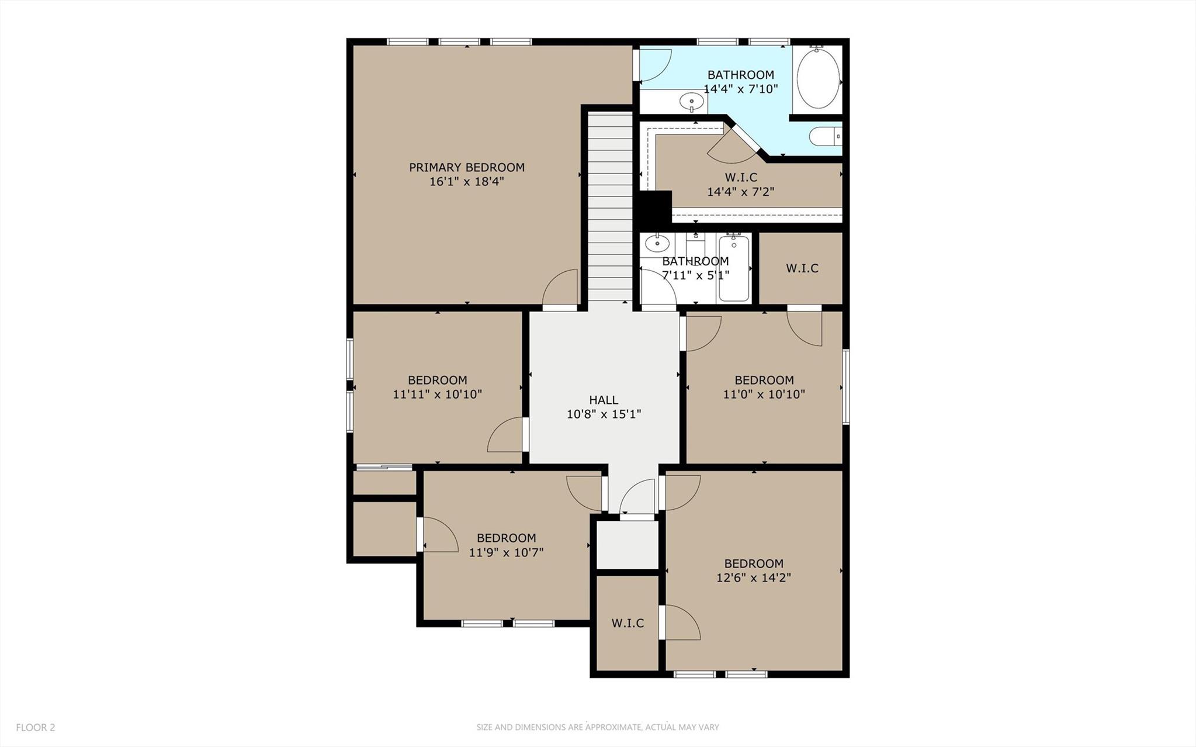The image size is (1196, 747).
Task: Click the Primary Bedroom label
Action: point(466,167)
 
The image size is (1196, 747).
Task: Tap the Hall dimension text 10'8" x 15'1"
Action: point(604,414)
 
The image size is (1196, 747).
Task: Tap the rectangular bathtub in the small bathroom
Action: point(734,268)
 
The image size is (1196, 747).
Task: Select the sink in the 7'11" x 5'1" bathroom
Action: point(657,243)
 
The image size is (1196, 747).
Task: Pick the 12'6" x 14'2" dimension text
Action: point(753,578)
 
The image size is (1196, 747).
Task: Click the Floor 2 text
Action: point(36,727)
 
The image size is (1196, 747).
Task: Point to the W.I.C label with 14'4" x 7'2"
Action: point(740,177)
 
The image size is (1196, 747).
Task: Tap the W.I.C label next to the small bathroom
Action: point(802,268)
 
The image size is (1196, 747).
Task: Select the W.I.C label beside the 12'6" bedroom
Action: point(628,623)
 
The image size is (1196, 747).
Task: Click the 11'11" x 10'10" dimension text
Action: point(437,395)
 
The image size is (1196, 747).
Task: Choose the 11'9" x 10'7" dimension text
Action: point(506,552)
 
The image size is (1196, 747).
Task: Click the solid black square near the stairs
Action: point(653,209)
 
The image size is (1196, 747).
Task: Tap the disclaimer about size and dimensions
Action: point(597,727)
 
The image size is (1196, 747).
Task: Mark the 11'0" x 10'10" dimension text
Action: point(764,395)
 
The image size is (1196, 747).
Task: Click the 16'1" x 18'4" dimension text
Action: point(466,182)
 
